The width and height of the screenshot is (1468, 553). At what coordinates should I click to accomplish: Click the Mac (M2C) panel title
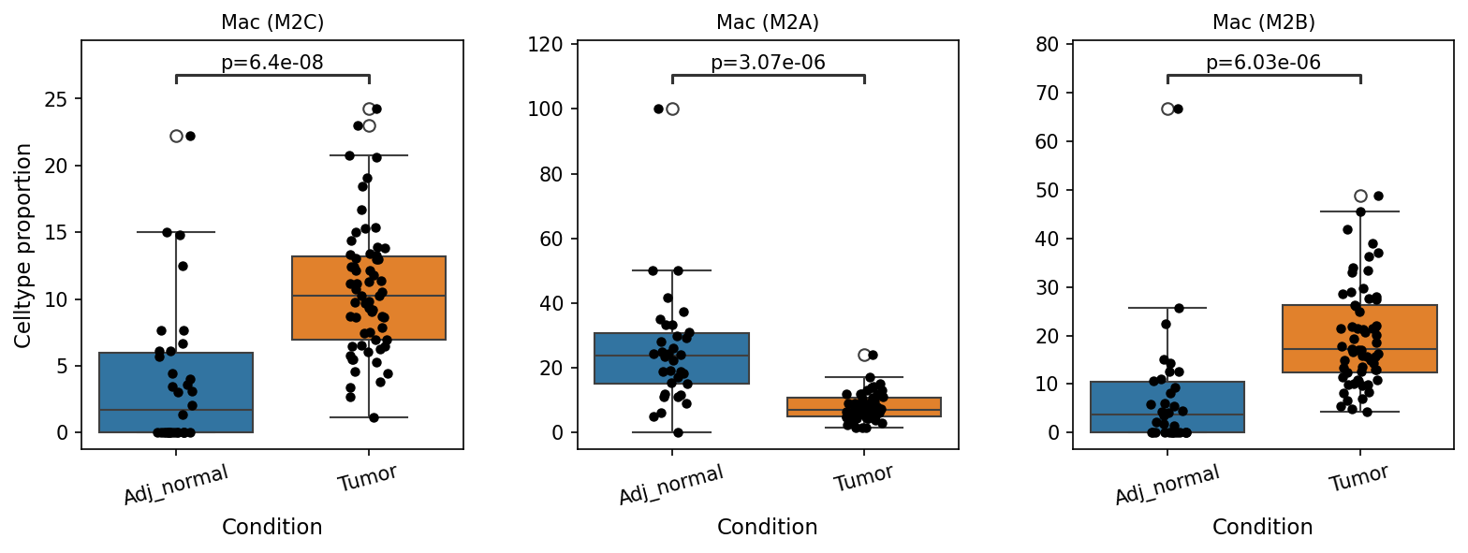272,22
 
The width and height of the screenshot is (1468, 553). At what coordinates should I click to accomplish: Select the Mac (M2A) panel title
768,22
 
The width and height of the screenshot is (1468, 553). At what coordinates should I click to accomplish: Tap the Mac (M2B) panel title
1264,22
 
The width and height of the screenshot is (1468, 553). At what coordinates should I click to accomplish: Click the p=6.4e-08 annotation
272,63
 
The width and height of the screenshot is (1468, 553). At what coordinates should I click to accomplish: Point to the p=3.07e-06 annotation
768,63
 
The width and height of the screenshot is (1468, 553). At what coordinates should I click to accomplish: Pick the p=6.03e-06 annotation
1264,63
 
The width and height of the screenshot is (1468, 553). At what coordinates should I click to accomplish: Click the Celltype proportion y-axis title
22,246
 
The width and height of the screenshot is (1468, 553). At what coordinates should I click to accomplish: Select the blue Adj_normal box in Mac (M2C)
176,392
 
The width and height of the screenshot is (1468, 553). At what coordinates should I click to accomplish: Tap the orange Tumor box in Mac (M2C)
368,298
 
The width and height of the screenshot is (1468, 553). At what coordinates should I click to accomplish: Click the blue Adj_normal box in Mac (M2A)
672,358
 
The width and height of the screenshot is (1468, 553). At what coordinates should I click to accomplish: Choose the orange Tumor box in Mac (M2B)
1359,339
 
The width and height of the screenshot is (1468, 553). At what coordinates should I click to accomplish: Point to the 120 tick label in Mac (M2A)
545,45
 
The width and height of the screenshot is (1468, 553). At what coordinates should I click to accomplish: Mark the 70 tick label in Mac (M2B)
1047,93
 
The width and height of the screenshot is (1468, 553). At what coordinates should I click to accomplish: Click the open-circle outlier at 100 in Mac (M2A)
672,109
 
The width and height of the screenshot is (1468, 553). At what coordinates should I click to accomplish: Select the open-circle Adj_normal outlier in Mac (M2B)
1167,109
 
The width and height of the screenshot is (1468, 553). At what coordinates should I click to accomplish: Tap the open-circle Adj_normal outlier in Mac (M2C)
176,137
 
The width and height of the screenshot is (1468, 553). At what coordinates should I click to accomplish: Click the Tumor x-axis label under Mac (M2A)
863,477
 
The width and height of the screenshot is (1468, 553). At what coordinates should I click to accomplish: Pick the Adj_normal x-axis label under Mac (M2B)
1167,484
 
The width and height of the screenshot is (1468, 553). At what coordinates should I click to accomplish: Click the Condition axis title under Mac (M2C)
272,527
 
